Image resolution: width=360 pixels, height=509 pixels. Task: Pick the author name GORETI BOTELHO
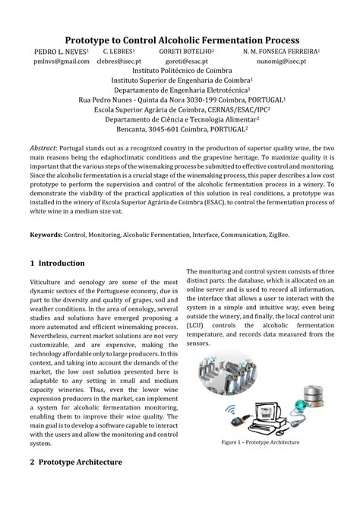(185, 51)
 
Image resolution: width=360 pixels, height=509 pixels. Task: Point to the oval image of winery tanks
(224, 377)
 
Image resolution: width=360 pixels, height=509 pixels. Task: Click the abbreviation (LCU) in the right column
(197, 325)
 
